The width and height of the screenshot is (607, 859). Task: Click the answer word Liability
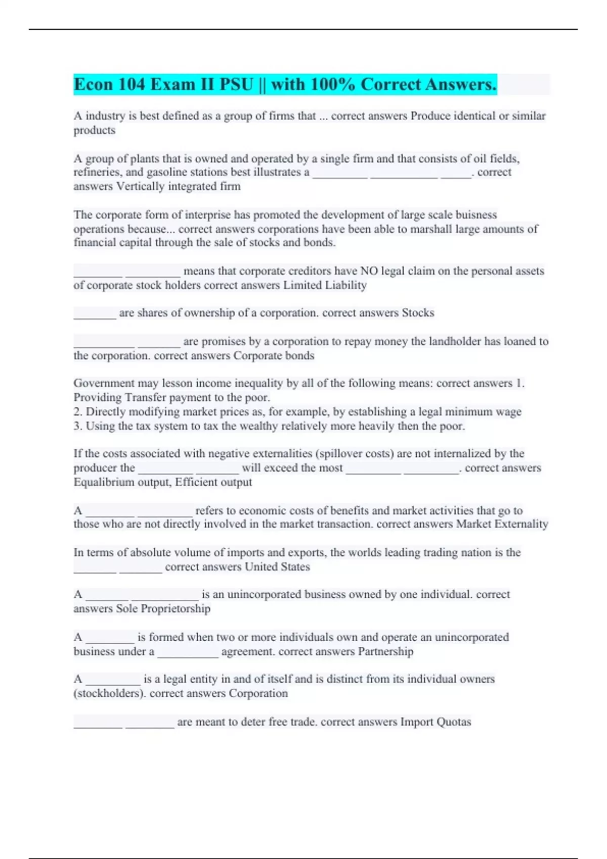pyautogui.click(x=346, y=285)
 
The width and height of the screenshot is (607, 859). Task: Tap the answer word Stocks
pyautogui.click(x=418, y=313)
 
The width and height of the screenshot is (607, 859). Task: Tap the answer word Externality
pyautogui.click(x=522, y=524)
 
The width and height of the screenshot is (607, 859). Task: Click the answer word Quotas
pyautogui.click(x=454, y=722)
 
